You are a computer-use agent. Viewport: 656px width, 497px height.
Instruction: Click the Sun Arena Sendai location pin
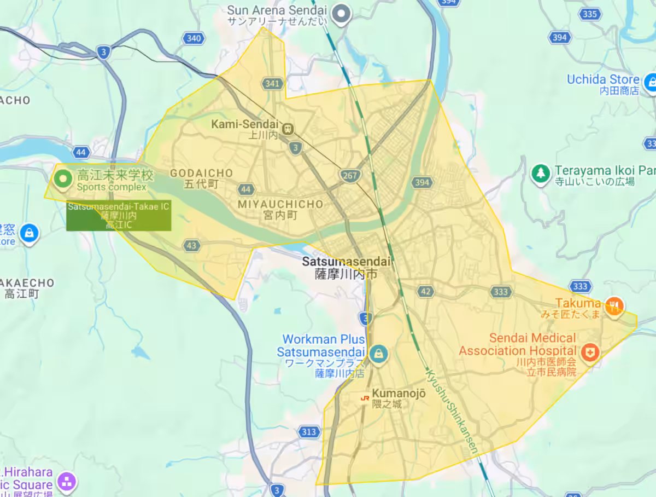point(342,13)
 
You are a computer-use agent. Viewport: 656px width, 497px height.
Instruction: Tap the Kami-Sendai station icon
point(288,129)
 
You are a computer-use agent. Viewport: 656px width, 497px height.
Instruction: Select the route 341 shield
point(272,84)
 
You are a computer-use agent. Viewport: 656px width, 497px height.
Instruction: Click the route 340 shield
point(194,38)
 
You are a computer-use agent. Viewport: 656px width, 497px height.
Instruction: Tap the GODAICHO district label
point(201,173)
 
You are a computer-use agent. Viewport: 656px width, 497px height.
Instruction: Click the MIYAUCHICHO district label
point(280,204)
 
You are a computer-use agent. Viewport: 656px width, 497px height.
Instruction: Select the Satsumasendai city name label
point(346,262)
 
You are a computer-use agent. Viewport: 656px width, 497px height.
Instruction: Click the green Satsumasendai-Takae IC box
point(119,216)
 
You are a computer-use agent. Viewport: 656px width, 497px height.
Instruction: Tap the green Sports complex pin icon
point(63,178)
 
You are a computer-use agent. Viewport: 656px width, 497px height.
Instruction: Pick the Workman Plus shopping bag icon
point(377,354)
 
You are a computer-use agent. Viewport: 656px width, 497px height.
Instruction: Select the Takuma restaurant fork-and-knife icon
point(615,304)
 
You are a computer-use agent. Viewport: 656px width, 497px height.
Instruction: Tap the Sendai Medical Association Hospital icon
point(590,351)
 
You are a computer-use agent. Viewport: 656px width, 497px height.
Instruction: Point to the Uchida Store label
point(603,79)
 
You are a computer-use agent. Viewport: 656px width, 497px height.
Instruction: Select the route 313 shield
point(309,432)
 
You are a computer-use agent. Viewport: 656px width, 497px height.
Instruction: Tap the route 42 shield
point(426,291)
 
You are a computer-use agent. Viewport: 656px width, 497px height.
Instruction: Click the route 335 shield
point(589,14)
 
